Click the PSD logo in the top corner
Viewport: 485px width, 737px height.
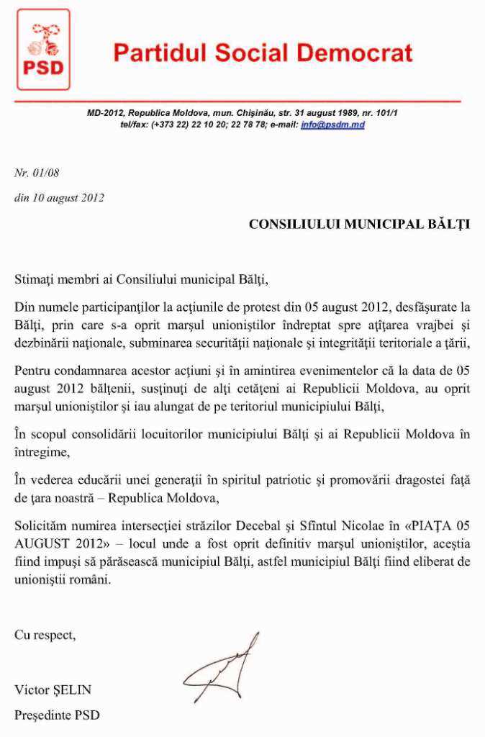(x=43, y=49)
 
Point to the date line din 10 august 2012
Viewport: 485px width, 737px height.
(x=59, y=198)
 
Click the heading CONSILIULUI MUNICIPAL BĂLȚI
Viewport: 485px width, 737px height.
(x=359, y=224)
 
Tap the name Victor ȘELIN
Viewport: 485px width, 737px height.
(x=53, y=689)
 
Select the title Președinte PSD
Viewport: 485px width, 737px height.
(x=57, y=715)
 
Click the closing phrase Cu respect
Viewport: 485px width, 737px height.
(x=45, y=635)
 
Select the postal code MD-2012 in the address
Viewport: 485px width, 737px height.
(x=105, y=114)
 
